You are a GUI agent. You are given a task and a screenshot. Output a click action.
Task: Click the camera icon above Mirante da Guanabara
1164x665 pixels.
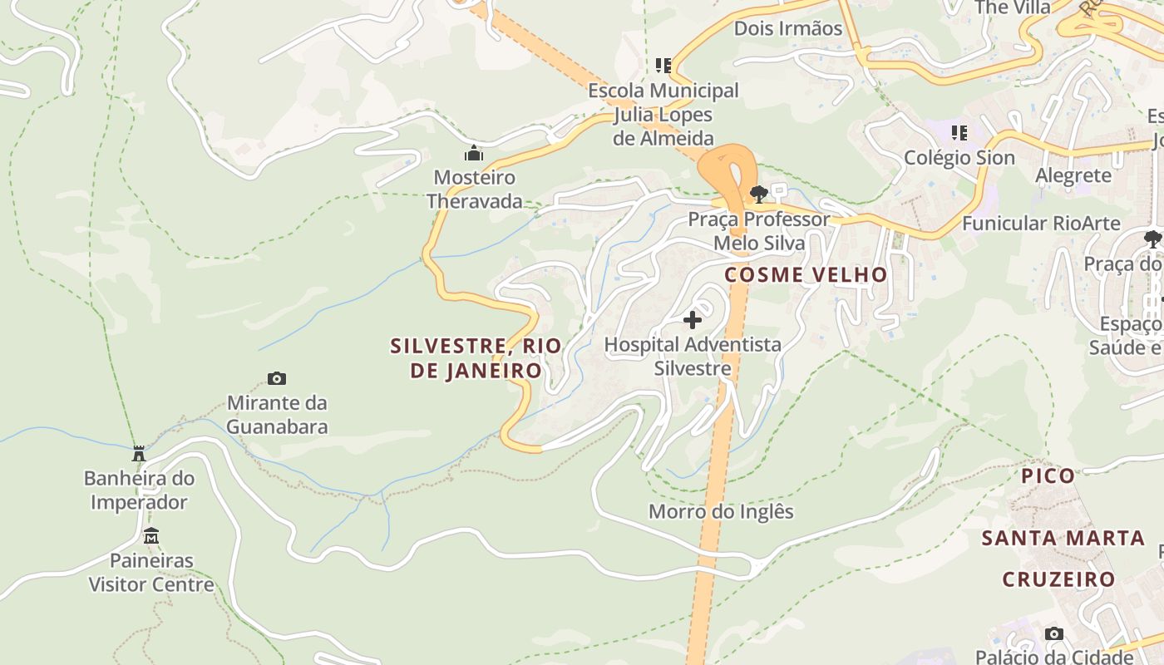point(277,379)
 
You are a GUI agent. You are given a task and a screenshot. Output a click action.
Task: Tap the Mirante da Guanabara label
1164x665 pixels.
point(277,415)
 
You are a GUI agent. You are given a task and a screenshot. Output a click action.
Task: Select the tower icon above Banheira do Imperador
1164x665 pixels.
point(139,454)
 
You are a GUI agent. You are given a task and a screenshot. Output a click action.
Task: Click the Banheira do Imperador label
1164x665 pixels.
point(139,490)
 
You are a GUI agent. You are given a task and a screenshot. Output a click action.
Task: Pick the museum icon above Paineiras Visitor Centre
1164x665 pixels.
point(150,536)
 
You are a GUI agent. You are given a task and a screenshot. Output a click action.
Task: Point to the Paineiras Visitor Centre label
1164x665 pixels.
point(151,572)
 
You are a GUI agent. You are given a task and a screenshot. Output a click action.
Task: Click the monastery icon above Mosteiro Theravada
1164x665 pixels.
point(474,153)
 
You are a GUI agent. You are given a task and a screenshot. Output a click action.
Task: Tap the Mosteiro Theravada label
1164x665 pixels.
point(475,189)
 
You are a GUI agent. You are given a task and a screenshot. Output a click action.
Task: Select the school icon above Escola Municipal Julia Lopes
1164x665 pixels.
point(663,65)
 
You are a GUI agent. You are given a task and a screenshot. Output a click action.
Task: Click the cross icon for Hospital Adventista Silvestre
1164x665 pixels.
point(692,319)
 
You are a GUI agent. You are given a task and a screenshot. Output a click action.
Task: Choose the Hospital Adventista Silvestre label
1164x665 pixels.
point(693,356)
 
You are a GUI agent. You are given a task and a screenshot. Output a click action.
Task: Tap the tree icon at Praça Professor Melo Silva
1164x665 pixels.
point(758,195)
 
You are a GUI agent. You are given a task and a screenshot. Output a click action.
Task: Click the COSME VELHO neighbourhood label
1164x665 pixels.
point(806,274)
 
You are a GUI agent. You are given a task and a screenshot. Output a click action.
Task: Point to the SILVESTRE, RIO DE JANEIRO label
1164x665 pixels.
point(476,357)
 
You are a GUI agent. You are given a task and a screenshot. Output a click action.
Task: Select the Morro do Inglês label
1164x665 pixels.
point(721,511)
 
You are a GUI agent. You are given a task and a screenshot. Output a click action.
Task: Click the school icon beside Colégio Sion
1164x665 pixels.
point(959,132)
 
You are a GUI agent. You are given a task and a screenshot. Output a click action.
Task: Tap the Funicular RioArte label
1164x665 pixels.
point(1041,223)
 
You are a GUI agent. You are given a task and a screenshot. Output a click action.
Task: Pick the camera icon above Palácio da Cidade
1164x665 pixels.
point(1053,633)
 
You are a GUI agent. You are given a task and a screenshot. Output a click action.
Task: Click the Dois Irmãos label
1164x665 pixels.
point(787,28)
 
